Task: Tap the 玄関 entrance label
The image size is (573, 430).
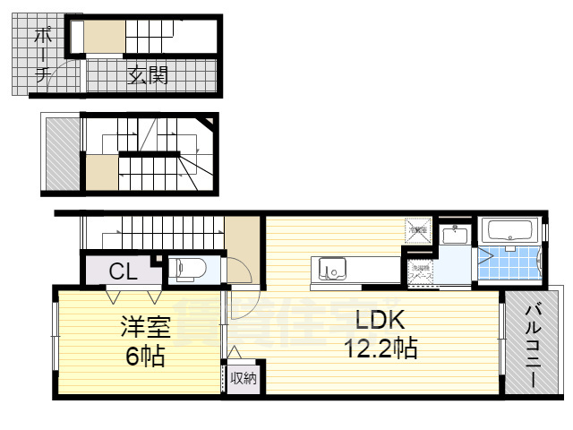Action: pyautogui.click(x=148, y=75)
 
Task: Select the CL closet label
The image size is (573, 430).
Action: pyautogui.click(x=124, y=270)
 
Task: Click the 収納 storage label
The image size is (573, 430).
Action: pyautogui.click(x=243, y=378)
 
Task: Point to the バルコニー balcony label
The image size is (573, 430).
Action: pyautogui.click(x=531, y=345)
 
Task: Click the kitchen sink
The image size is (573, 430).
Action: pyautogui.click(x=329, y=268)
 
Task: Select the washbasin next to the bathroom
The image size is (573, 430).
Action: pyautogui.click(x=456, y=235)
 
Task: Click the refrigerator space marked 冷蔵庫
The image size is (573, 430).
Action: pyautogui.click(x=418, y=230)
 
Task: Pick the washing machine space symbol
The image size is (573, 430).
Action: pyautogui.click(x=420, y=271)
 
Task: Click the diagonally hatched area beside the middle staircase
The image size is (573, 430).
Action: pyautogui.click(x=62, y=153)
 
